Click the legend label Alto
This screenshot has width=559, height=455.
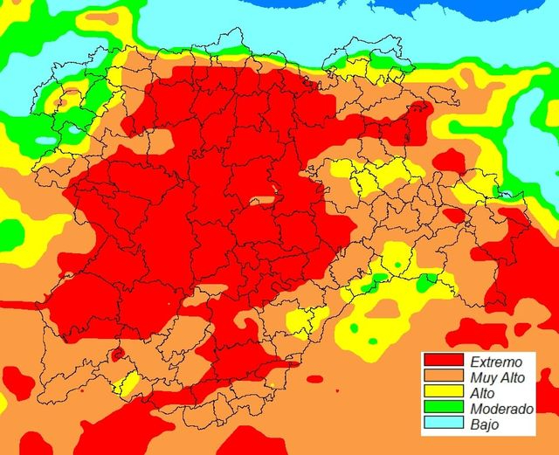[x=483, y=394]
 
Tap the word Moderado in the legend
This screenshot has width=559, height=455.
[x=501, y=410]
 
